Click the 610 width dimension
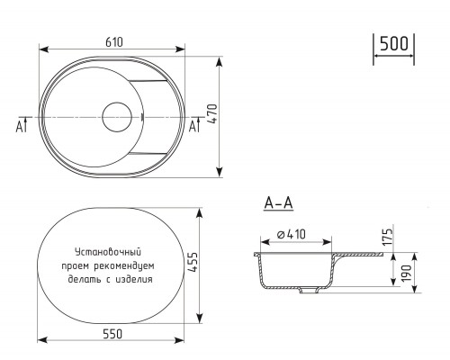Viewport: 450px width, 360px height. tap(114, 42)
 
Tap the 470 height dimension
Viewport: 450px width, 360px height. tap(212, 114)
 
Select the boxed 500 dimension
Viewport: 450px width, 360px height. tap(394, 43)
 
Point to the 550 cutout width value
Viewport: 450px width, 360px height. tap(112, 334)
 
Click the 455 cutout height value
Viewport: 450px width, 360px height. tap(193, 262)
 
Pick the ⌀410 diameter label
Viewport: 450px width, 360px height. tap(292, 234)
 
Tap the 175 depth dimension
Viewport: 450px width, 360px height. tap(387, 237)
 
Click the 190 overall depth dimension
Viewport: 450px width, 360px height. tap(407, 273)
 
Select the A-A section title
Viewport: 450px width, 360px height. tap(278, 203)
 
